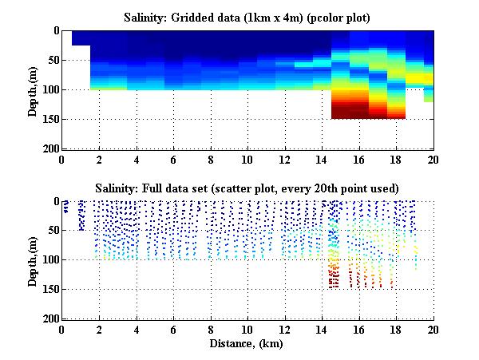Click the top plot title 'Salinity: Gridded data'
click(247, 16)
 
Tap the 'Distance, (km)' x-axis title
click(247, 343)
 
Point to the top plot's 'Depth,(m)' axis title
click(33, 89)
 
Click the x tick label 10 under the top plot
click(247, 159)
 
